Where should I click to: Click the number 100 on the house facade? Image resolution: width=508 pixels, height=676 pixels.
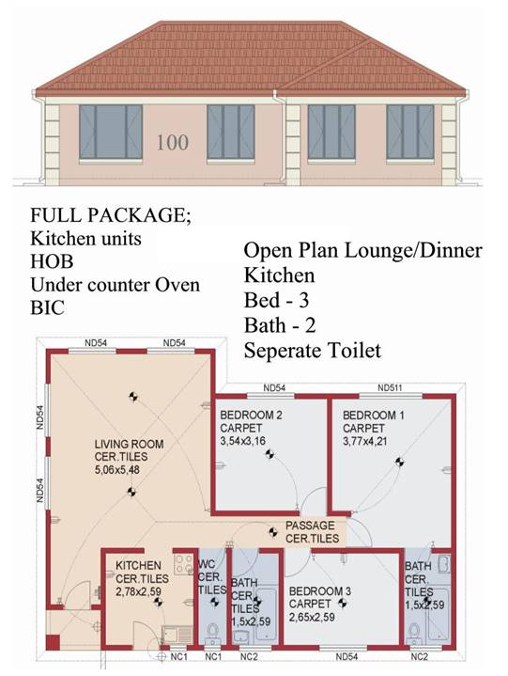tap(172, 143)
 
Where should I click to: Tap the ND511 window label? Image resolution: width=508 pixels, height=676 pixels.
tap(390, 387)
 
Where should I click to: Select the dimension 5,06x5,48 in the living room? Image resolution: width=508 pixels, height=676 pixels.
tap(117, 469)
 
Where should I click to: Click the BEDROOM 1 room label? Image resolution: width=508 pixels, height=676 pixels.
tap(373, 416)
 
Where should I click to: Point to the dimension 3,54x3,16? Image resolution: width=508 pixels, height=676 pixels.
tap(243, 441)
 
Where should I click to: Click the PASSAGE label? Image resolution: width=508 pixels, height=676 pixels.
tap(310, 526)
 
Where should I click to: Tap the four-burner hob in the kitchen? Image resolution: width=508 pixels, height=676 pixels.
tap(183, 564)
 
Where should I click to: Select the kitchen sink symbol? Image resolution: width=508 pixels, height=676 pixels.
tap(177, 635)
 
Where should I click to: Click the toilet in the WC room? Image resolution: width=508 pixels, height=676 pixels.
tap(212, 633)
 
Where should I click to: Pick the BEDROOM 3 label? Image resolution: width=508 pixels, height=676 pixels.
tap(320, 591)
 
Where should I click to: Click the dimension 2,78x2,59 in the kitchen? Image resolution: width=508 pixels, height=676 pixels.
tap(138, 591)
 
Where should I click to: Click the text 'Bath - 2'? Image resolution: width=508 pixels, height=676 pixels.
tap(280, 325)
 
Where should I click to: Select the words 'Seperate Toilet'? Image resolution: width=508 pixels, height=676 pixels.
tap(313, 350)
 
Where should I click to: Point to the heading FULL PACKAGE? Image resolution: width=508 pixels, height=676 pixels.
tap(110, 215)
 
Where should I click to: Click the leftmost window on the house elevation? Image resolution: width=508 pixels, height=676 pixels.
tap(111, 132)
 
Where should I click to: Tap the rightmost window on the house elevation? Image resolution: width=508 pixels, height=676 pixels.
tap(409, 132)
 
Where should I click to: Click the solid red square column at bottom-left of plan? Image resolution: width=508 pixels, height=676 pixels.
tap(53, 642)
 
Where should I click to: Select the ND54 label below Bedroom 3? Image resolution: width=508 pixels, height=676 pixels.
tap(346, 656)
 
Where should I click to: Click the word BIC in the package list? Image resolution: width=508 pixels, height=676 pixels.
tap(47, 307)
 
